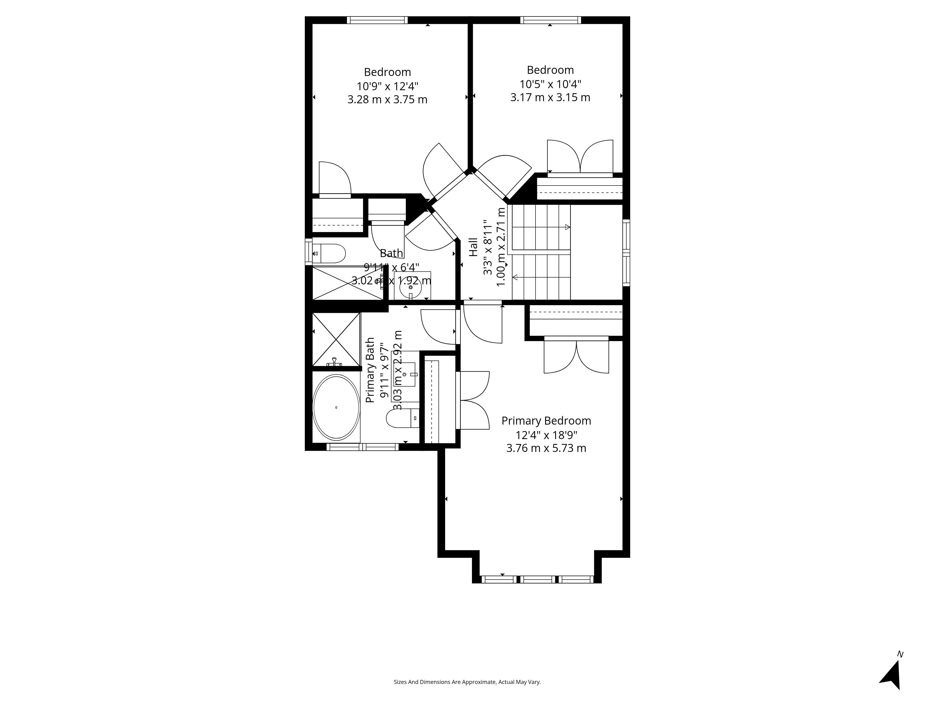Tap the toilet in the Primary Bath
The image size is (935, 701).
click(402, 418)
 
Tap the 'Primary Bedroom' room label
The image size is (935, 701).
click(546, 421)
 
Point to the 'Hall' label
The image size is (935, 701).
click(473, 247)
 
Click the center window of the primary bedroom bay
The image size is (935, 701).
click(537, 579)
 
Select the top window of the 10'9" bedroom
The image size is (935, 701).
click(377, 20)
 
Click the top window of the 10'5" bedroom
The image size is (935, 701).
click(550, 20)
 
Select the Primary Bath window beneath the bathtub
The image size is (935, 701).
click(362, 447)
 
